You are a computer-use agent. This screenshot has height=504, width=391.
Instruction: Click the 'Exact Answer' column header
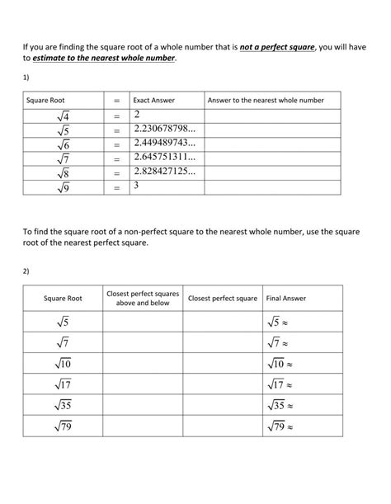click(152, 100)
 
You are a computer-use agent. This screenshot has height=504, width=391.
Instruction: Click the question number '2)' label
click(26, 269)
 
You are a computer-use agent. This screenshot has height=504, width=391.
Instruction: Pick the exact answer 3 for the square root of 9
click(135, 186)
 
